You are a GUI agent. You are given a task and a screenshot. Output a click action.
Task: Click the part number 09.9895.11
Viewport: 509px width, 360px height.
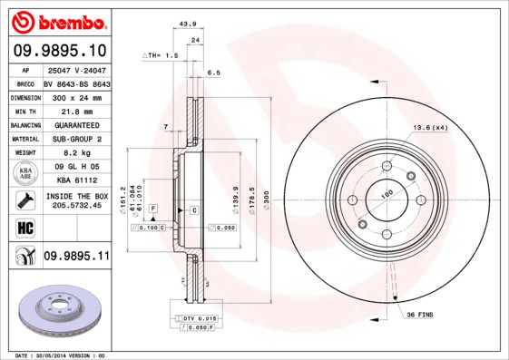point(77,258)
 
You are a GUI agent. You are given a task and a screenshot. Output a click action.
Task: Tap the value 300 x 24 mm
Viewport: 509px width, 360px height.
point(76,97)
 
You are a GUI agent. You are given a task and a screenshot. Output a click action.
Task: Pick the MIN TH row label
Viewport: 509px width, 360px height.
point(24,111)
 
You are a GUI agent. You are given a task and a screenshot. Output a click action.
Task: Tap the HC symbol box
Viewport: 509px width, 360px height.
point(24,227)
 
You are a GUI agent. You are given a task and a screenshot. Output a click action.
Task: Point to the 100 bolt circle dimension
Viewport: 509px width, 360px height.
point(385,194)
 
